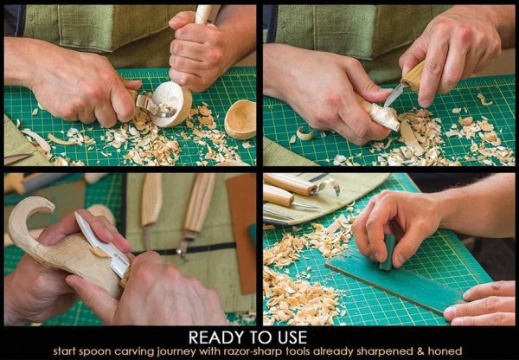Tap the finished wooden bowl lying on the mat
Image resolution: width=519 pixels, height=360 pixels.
(x=240, y=118)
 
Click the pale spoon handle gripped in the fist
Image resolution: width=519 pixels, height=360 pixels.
(x=203, y=14)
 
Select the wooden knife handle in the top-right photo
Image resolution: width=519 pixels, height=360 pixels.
(x=414, y=75)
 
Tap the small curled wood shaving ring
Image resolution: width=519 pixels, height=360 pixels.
(x=305, y=132)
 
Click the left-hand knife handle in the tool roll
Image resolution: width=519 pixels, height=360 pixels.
(x=151, y=199)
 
